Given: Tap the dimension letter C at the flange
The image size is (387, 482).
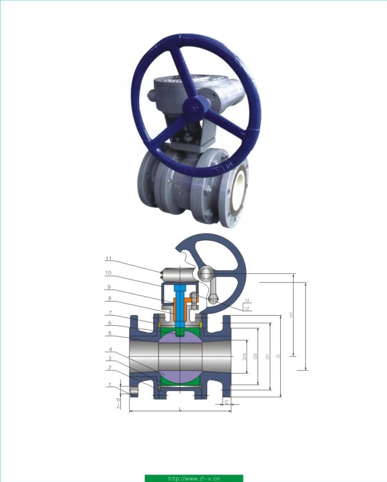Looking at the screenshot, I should click(227, 402).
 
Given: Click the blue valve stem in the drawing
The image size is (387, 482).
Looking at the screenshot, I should click(181, 306).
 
